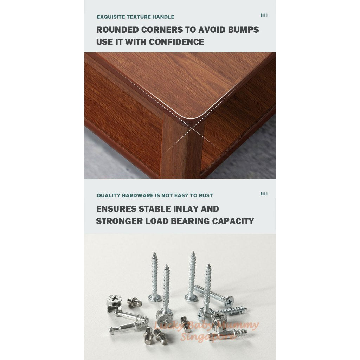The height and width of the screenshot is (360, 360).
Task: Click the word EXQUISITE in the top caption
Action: point(109,17)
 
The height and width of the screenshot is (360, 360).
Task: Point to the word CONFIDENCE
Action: point(176,42)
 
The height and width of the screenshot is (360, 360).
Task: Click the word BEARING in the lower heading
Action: point(190,221)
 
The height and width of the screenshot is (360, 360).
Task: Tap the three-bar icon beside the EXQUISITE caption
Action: point(264,15)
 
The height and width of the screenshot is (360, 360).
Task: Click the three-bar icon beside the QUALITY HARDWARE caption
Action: point(264,194)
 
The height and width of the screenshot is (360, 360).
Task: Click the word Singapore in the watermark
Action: point(207,337)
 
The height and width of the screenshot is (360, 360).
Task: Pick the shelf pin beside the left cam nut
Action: point(135,301)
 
